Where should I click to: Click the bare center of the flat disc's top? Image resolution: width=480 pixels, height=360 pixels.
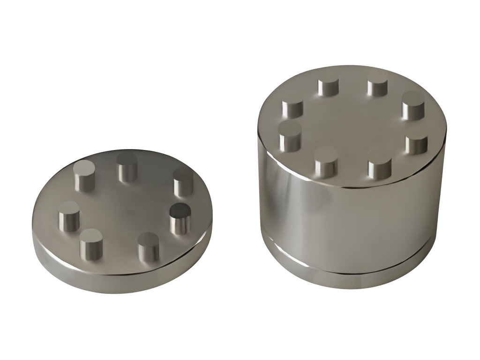coord(127,206)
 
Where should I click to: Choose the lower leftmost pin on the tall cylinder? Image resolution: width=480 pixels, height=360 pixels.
coord(290,137)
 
